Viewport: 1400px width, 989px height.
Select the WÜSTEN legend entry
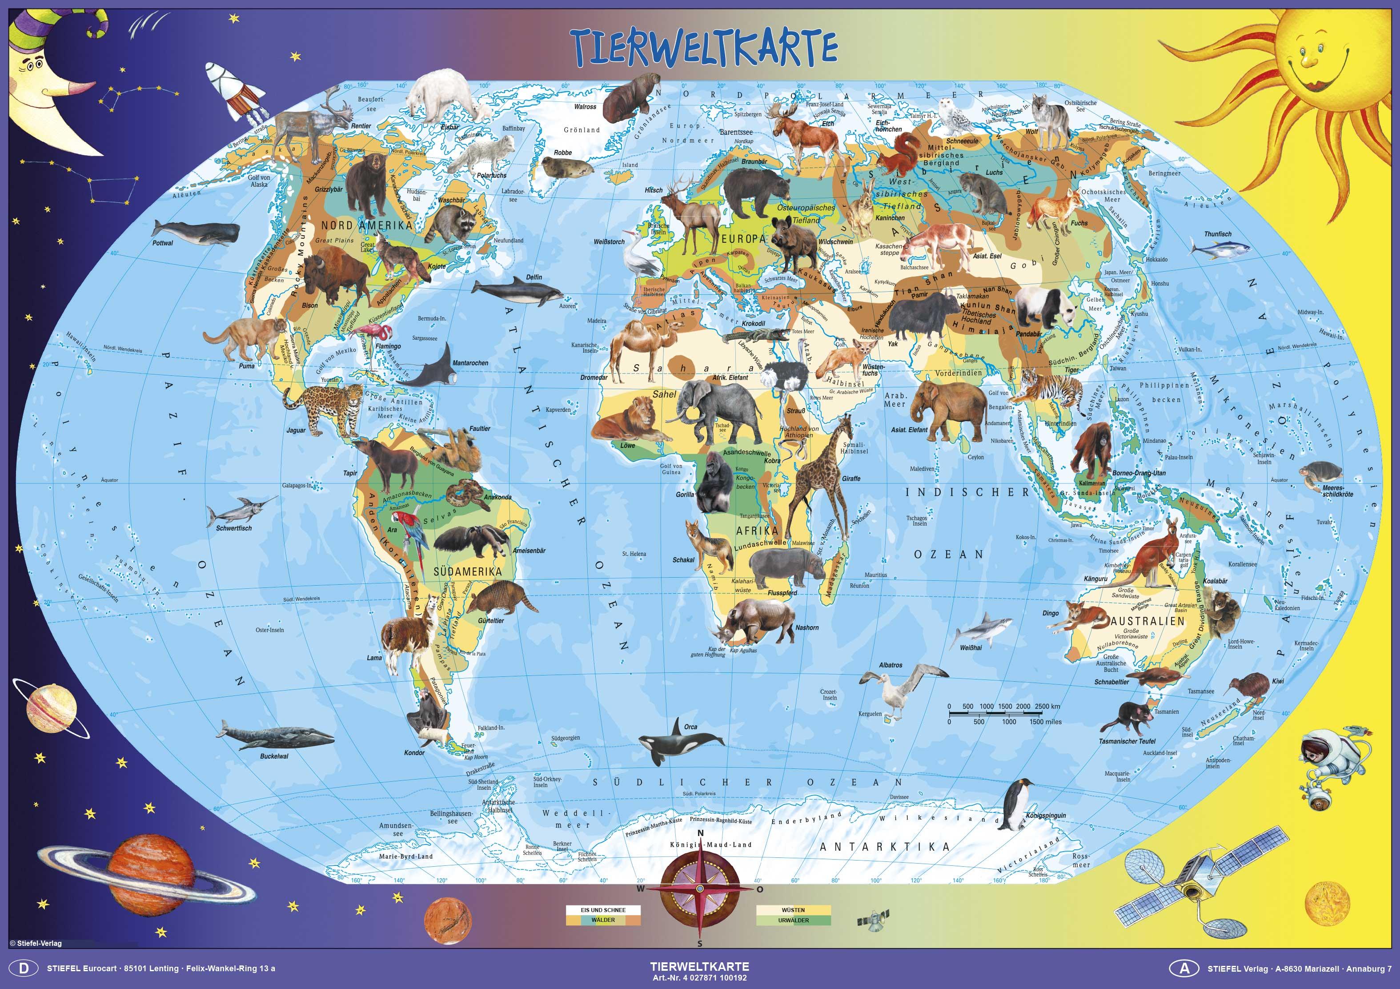[x=793, y=910]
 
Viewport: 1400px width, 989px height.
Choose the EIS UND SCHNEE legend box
[x=602, y=910]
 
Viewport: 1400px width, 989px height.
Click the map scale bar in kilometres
[x=1003, y=713]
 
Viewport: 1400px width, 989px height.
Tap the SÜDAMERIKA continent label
[x=467, y=572]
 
